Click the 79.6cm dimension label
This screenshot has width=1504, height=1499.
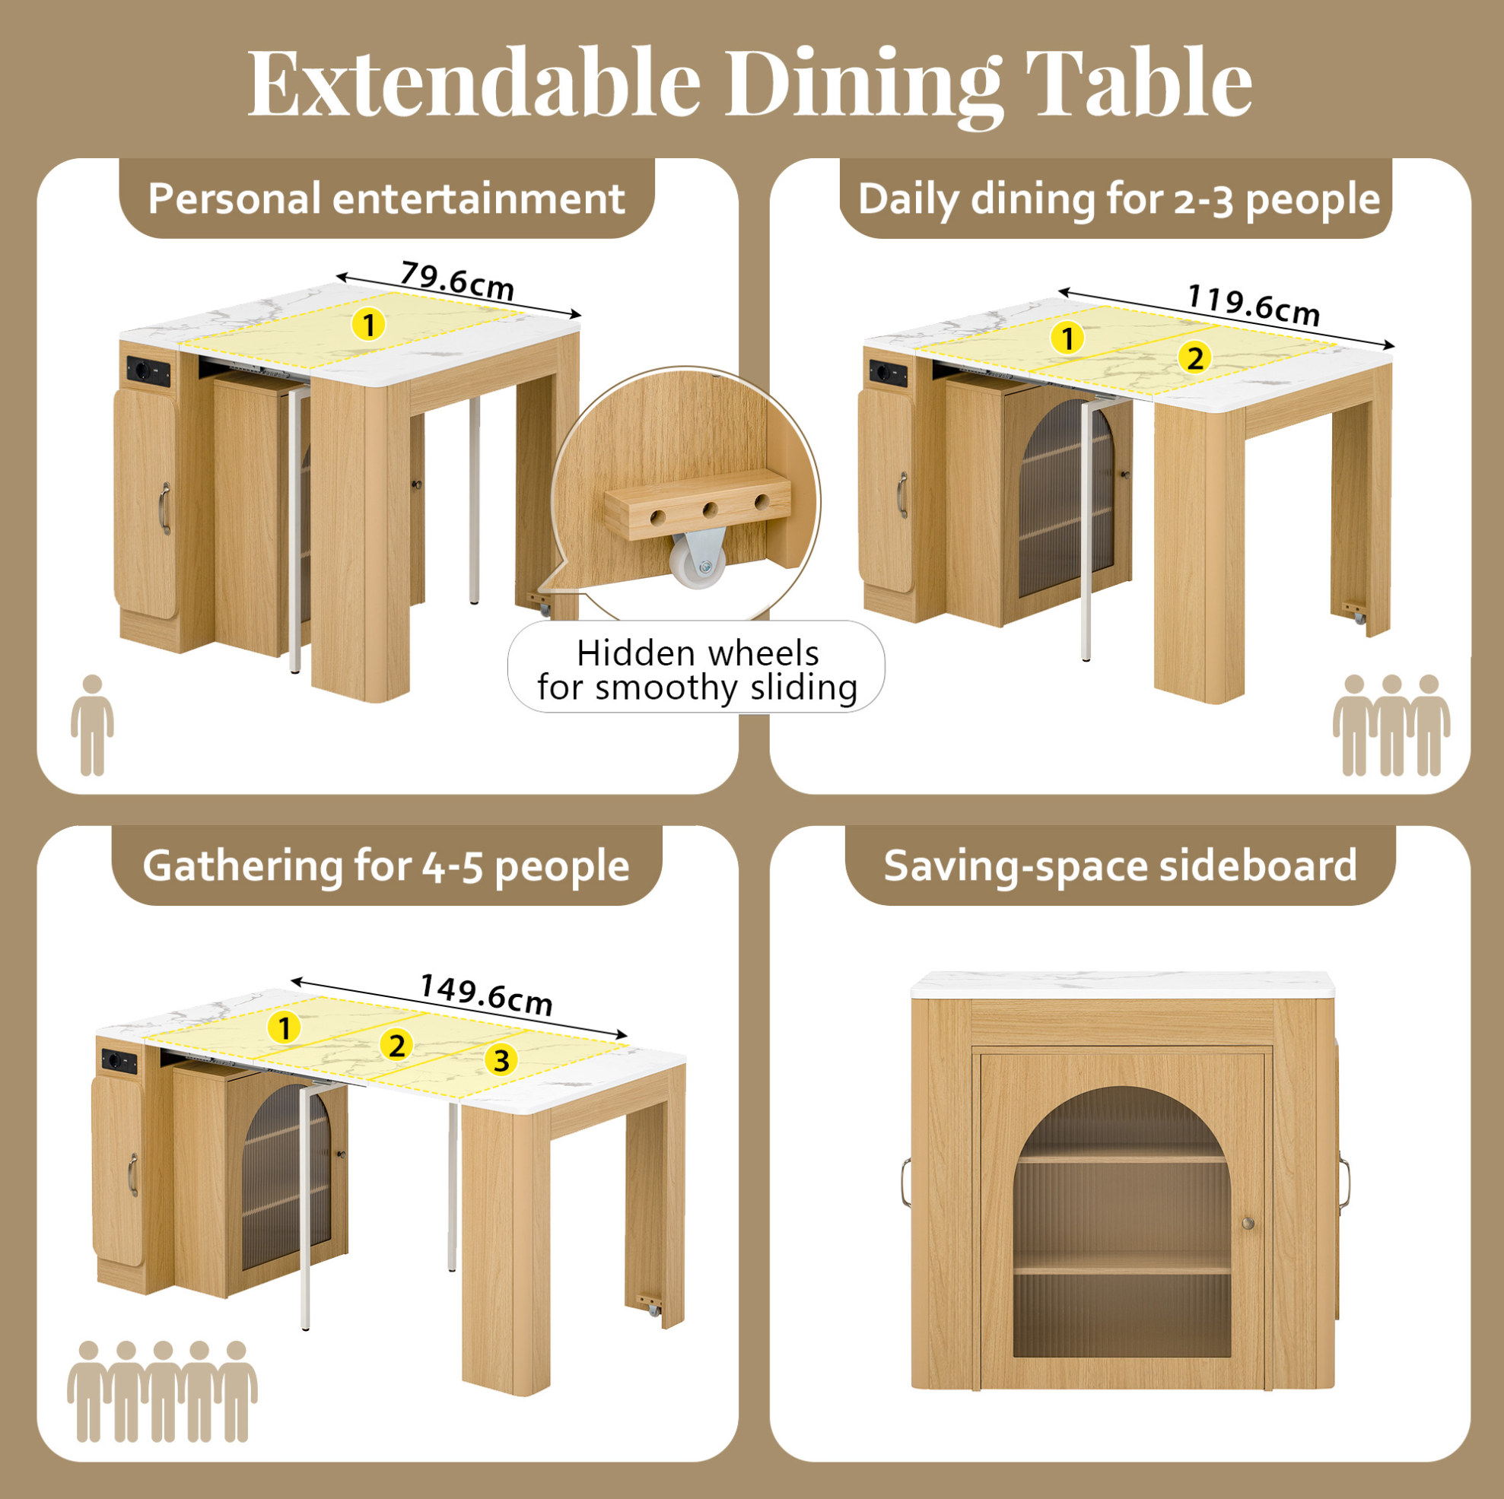pos(457,280)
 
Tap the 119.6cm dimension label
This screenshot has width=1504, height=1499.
pos(1254,305)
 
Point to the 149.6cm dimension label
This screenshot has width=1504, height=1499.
pos(486,995)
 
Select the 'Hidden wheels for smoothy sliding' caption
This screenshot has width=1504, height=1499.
pos(697,670)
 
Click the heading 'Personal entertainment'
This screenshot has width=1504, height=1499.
pos(386,198)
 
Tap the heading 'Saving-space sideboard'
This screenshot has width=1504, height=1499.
pos(1121,865)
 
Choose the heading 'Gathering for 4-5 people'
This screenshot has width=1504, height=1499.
pos(386,865)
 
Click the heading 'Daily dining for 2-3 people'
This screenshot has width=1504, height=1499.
pos(1118,199)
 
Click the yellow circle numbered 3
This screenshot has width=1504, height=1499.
pos(501,1060)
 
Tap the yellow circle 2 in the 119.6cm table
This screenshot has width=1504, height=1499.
pos(1194,359)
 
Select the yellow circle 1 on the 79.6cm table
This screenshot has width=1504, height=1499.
pos(369,324)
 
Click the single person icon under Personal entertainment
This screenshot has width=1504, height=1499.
pos(93,725)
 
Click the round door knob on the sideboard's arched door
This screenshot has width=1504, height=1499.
pos(1248,1224)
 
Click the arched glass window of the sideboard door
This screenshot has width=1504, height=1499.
pos(1122,1222)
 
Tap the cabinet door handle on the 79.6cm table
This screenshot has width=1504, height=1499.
pos(164,509)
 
